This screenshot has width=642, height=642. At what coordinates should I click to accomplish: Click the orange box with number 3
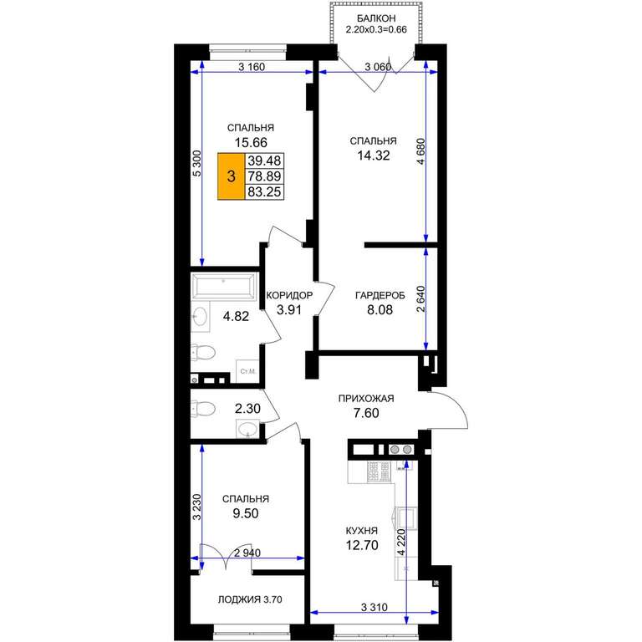pyautogui.click(x=232, y=176)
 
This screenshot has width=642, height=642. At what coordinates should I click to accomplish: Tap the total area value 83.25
pyautogui.click(x=264, y=192)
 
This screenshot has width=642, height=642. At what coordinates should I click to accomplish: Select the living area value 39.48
pyautogui.click(x=264, y=160)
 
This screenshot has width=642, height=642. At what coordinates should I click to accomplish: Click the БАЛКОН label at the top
pyautogui.click(x=376, y=18)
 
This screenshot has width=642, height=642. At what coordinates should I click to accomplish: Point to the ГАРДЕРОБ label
pyautogui.click(x=380, y=295)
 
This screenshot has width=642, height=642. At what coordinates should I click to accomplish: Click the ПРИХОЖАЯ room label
pyautogui.click(x=366, y=398)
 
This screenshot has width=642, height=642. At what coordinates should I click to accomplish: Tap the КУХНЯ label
pyautogui.click(x=362, y=531)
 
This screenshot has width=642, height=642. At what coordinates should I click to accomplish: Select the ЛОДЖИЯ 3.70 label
pyautogui.click(x=250, y=599)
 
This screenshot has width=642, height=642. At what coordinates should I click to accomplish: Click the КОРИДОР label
pyautogui.click(x=289, y=295)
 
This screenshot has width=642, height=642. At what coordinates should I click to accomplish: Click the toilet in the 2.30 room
pyautogui.click(x=203, y=409)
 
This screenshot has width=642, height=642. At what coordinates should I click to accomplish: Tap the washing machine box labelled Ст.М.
pyautogui.click(x=247, y=371)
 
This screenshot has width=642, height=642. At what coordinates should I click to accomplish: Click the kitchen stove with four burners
pyautogui.click(x=379, y=471)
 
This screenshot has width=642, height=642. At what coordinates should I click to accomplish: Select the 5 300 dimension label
pyautogui.click(x=197, y=163)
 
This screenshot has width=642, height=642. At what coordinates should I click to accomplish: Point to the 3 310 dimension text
pyautogui.click(x=374, y=607)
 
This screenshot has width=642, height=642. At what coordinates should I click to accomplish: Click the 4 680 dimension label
pyautogui.click(x=421, y=151)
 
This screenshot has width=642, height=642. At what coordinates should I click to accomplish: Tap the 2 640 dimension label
pyautogui.click(x=421, y=299)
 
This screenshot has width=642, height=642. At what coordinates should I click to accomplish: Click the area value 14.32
pyautogui.click(x=374, y=155)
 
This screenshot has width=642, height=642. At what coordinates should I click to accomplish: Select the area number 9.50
pyautogui.click(x=246, y=513)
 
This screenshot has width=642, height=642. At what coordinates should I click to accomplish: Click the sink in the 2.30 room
pyautogui.click(x=247, y=429)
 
